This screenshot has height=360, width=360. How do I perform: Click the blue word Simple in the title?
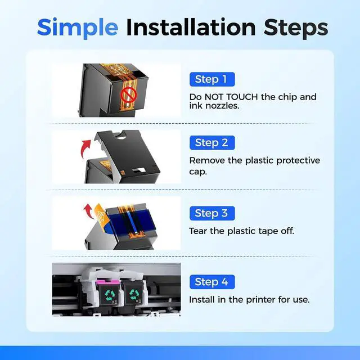click(x=78, y=28)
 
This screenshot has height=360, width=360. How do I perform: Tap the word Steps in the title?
click(x=296, y=27)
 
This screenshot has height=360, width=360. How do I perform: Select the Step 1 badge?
click(x=212, y=79)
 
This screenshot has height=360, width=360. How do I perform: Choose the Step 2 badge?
click(x=212, y=142)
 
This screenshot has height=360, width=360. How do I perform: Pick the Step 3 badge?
click(x=212, y=213)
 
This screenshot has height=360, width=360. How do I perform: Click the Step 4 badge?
click(x=212, y=282)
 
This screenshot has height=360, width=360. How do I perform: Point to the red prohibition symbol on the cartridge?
click(x=129, y=94)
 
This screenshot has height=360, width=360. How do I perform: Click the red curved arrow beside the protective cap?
click(x=85, y=148)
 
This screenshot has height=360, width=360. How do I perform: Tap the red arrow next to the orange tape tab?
click(x=89, y=210)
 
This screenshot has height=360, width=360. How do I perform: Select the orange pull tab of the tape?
click(x=100, y=213)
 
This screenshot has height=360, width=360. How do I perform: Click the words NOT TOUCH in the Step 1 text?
click(x=231, y=97)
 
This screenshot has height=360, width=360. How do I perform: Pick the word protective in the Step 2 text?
click(x=298, y=160)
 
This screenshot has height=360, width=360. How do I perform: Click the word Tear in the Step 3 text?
click(x=198, y=231)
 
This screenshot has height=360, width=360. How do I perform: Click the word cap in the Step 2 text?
click(x=198, y=172)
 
